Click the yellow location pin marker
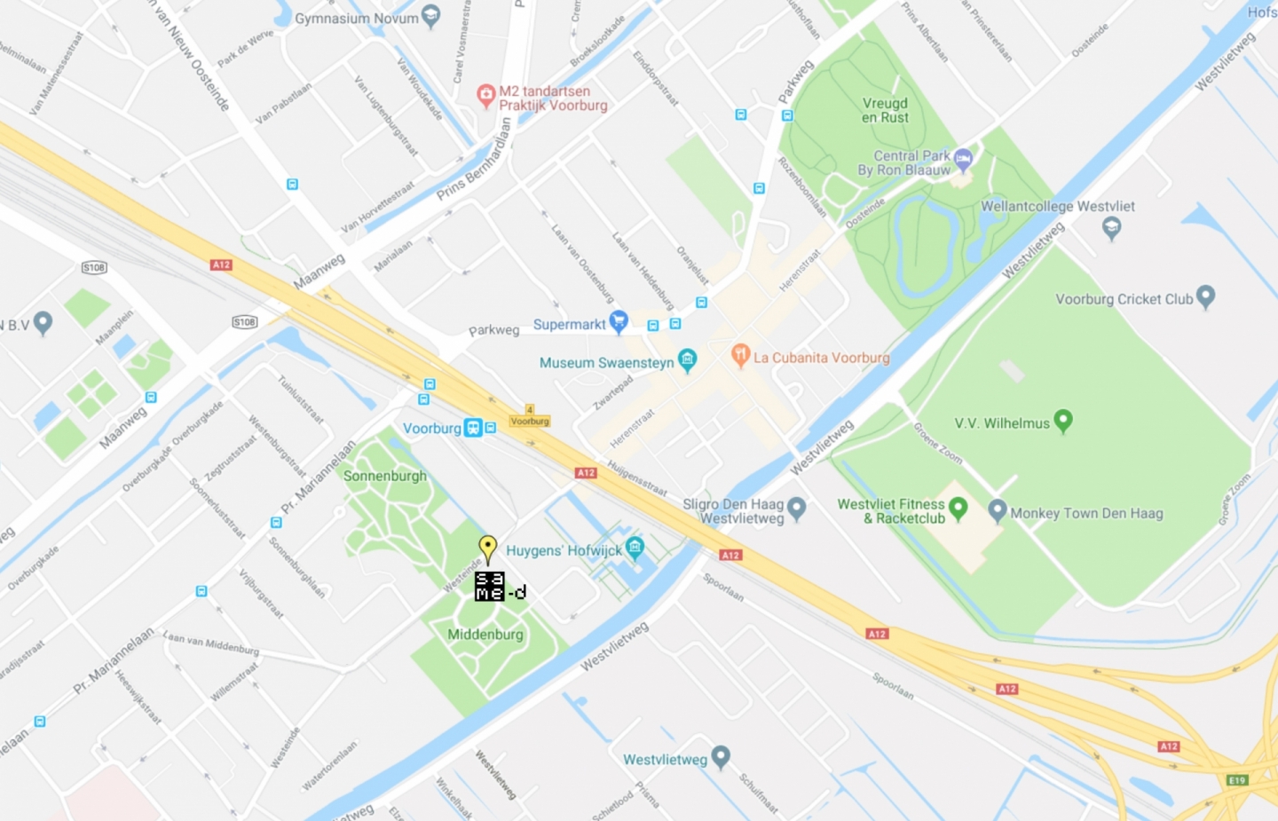pyautogui.click(x=487, y=547)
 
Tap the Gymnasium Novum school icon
pyautogui.click(x=430, y=16)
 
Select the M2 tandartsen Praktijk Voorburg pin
pyautogui.click(x=485, y=95)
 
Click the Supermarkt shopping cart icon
pyautogui.click(x=619, y=321)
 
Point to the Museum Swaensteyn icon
pyautogui.click(x=687, y=359)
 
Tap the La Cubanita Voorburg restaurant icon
pyautogui.click(x=740, y=355)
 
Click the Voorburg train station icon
pyautogui.click(x=474, y=428)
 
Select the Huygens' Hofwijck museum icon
pyautogui.click(x=635, y=547)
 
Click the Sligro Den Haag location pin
pyautogui.click(x=796, y=508)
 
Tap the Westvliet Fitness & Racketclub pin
pyautogui.click(x=958, y=507)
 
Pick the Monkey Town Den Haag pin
pyautogui.click(x=998, y=509)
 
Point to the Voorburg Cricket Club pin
pyautogui.click(x=1204, y=296)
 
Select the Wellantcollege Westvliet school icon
pyautogui.click(x=1111, y=227)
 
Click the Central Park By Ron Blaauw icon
pyautogui.click(x=963, y=160)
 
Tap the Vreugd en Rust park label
pyautogui.click(x=885, y=110)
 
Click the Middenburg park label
pyautogui.click(x=485, y=635)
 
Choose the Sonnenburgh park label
pyautogui.click(x=385, y=476)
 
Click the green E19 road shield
pyautogui.click(x=1237, y=780)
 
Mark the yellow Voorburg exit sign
pyautogui.click(x=530, y=420)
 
